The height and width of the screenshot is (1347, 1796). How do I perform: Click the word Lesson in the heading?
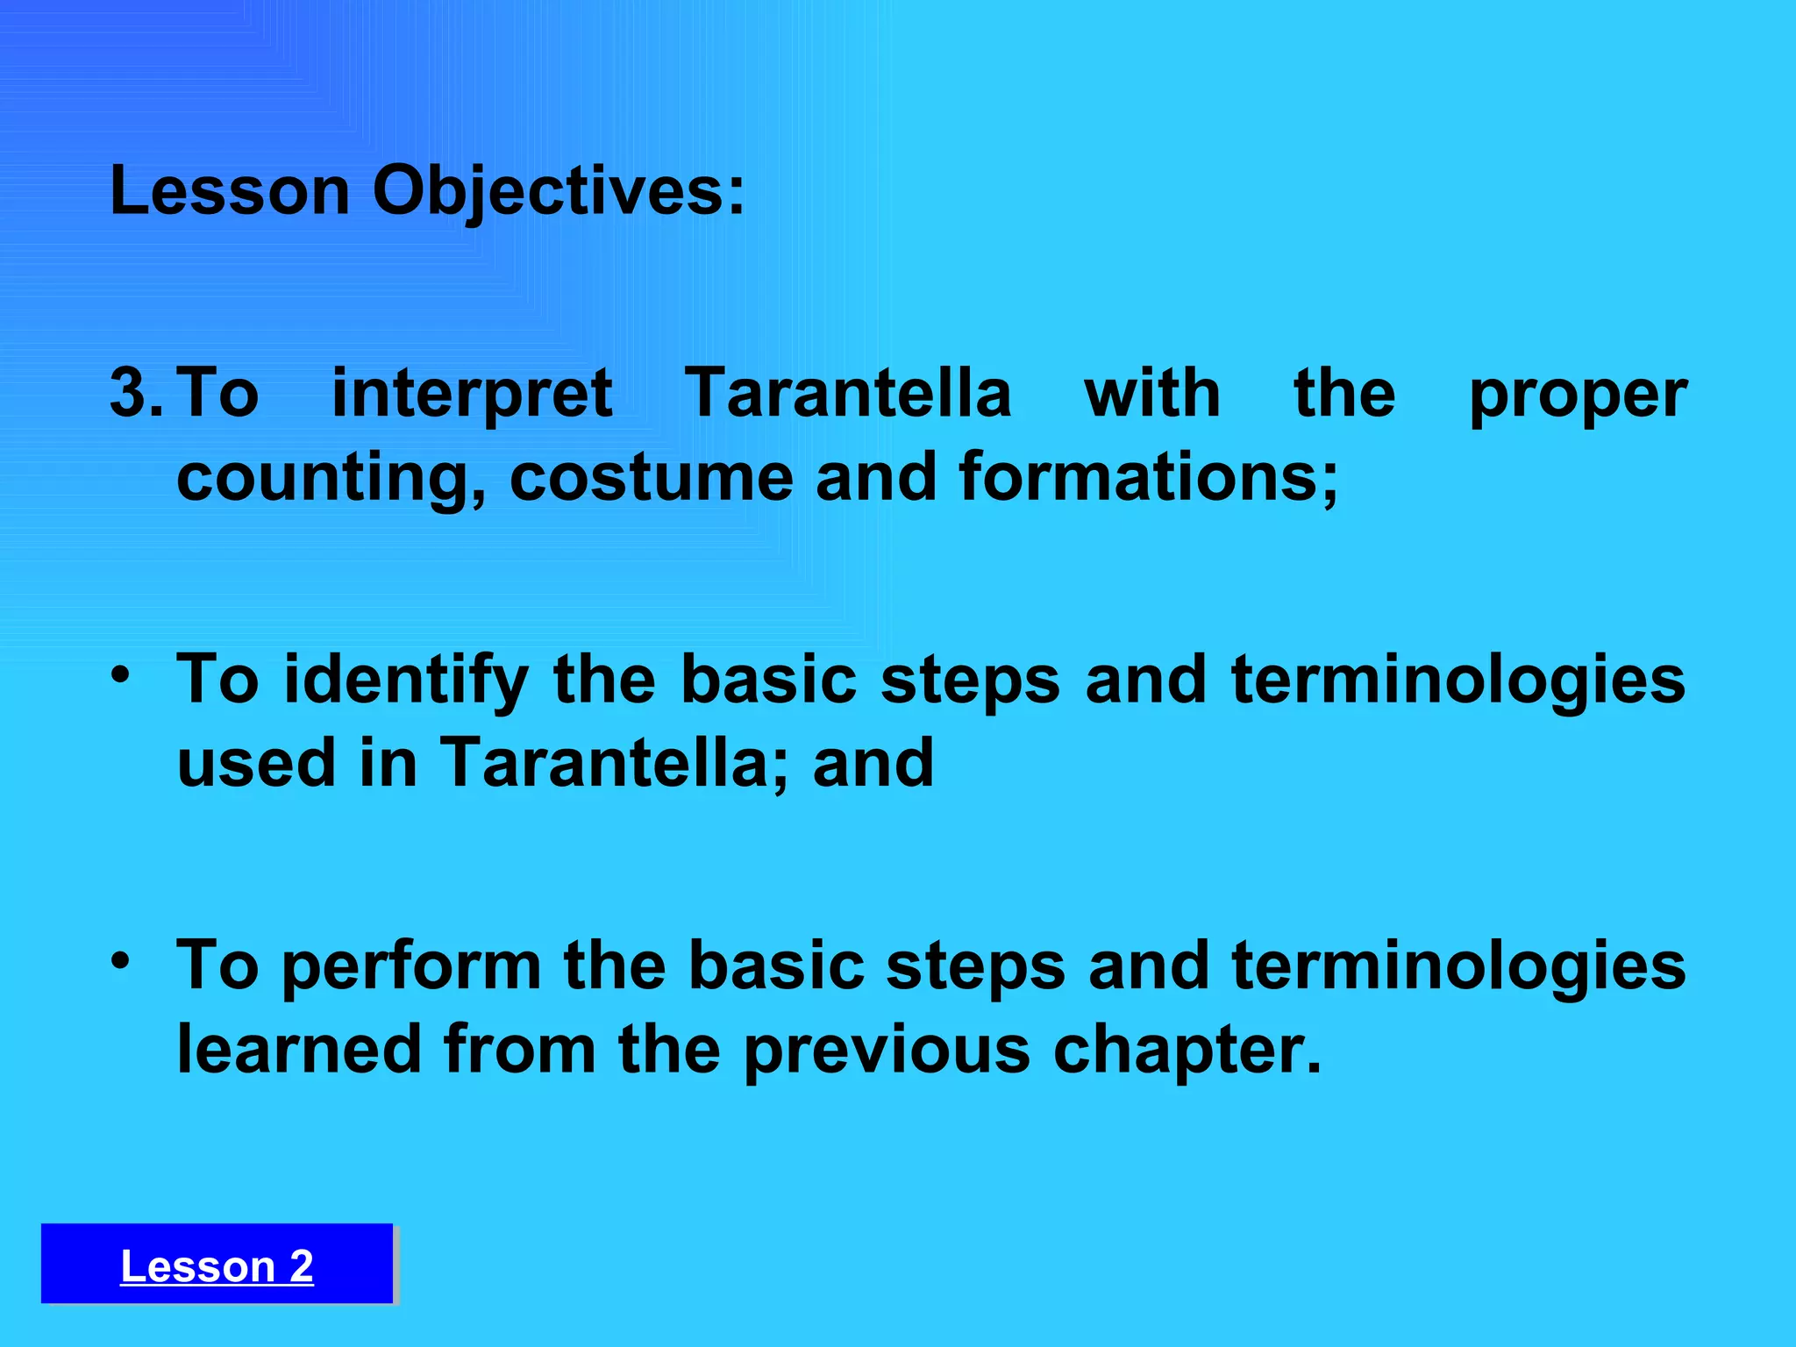[x=230, y=191]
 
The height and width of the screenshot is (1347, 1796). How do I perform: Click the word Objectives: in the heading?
[x=559, y=191]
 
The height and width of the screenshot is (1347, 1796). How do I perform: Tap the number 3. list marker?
[x=136, y=393]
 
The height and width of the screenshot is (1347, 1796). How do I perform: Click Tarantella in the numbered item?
[x=847, y=393]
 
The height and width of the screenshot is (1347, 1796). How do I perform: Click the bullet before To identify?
[x=120, y=675]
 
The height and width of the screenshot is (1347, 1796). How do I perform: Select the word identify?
[x=407, y=681]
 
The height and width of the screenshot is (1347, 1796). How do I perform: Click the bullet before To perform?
[x=120, y=961]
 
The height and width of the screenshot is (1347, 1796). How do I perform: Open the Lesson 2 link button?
[x=217, y=1265]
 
